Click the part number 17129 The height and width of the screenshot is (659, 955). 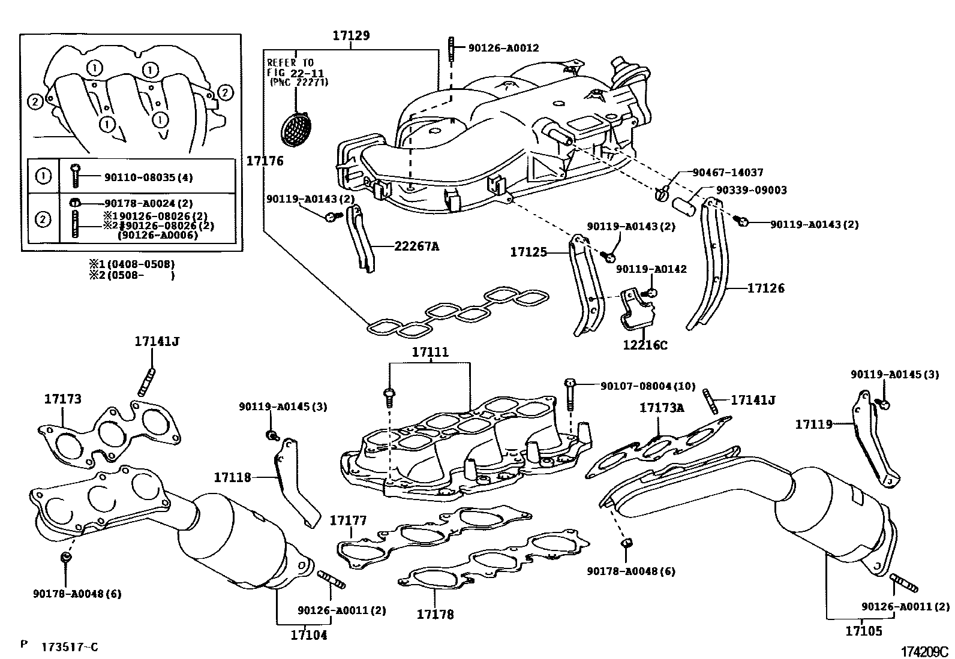tap(351, 35)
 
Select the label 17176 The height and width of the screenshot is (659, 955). tap(265, 161)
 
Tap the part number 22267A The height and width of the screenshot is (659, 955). tap(417, 246)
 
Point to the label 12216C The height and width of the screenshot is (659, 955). tap(645, 345)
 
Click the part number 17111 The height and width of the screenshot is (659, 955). tap(430, 352)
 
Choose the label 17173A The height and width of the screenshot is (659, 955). tap(662, 408)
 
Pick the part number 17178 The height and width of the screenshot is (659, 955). tap(436, 614)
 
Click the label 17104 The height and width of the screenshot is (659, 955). tap(309, 635)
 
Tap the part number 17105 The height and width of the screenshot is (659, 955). tap(864, 631)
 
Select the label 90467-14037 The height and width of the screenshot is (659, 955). tap(728, 173)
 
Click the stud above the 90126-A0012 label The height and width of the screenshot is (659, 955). tap(451, 47)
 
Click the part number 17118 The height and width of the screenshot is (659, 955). tap(232, 477)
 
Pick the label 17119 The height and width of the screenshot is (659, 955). tap(814, 425)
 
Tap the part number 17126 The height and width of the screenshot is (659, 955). tap(765, 288)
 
